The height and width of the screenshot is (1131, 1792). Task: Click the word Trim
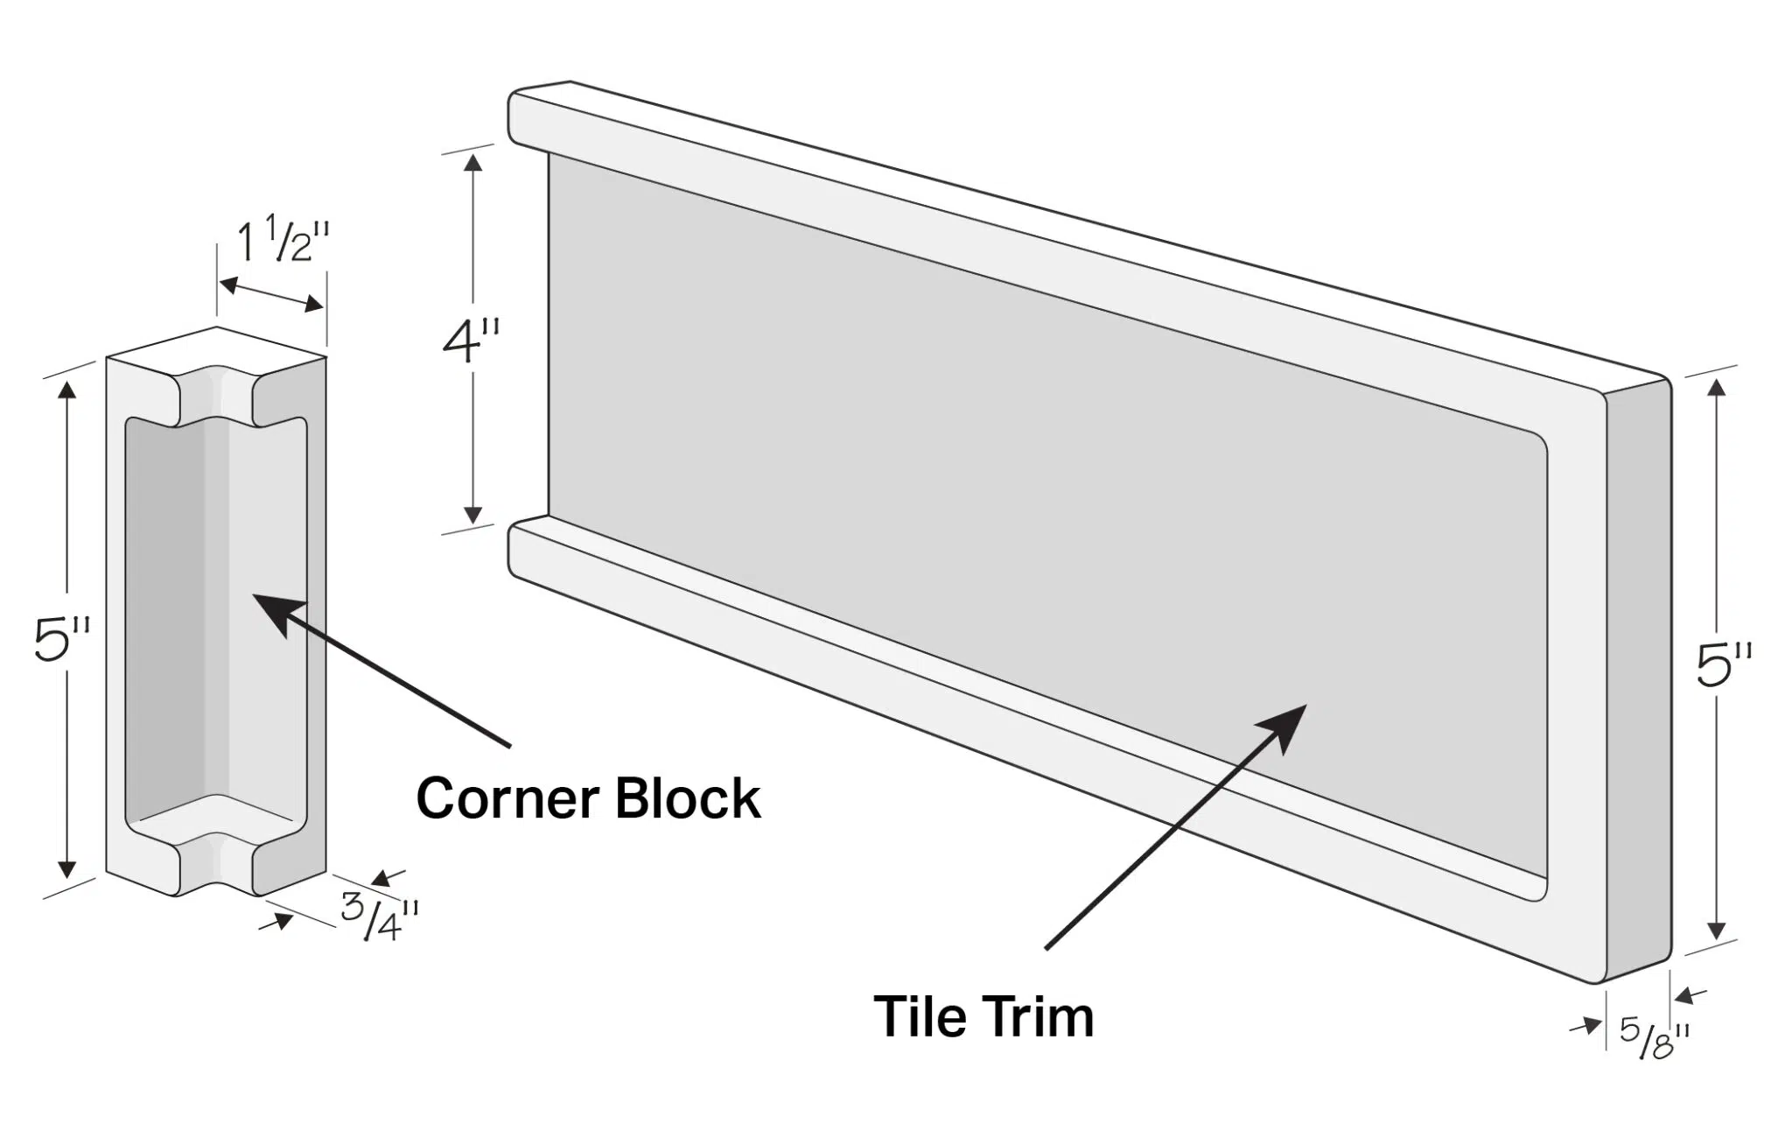[1039, 1016]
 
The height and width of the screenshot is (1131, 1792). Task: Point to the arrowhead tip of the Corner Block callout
[255, 595]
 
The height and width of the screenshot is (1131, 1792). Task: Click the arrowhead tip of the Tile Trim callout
[1305, 706]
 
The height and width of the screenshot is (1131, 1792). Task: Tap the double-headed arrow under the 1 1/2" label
[271, 294]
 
